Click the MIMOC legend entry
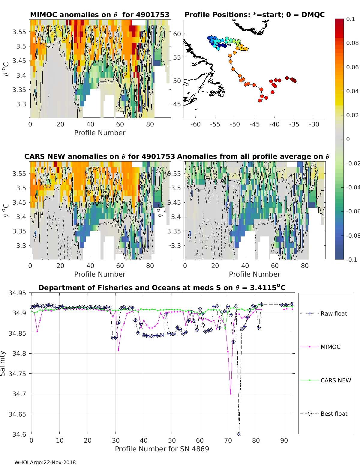click(x=330, y=347)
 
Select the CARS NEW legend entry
click(x=335, y=380)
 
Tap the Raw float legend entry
click(x=334, y=313)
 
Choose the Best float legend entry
click(x=334, y=414)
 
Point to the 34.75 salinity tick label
click(x=17, y=374)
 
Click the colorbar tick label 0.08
click(x=352, y=43)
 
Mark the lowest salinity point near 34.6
click(x=239, y=434)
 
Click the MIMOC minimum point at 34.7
click(x=231, y=394)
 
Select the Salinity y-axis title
click(x=3, y=363)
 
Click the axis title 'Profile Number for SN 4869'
click(x=162, y=449)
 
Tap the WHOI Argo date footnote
click(x=45, y=462)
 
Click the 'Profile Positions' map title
click(x=254, y=15)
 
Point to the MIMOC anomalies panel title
click(x=100, y=15)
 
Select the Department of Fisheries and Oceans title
click(x=162, y=288)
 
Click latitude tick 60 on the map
click(x=177, y=34)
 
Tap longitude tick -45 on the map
click(x=254, y=124)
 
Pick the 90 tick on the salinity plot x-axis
click(x=284, y=440)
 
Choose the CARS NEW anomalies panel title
click(x=100, y=156)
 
